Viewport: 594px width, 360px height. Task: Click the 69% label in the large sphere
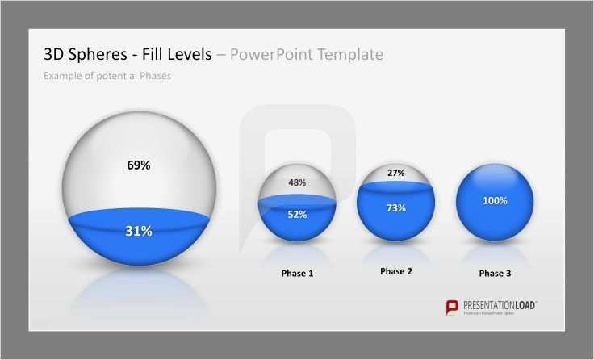pyautogui.click(x=139, y=165)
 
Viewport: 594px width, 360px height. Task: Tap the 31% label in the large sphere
pyautogui.click(x=139, y=231)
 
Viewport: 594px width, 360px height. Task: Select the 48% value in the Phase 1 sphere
pyautogui.click(x=297, y=182)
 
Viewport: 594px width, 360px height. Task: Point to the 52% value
pyautogui.click(x=297, y=214)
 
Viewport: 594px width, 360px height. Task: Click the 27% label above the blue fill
pyautogui.click(x=396, y=173)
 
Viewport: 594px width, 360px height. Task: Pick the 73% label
pyautogui.click(x=396, y=208)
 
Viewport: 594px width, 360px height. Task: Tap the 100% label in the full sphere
pyautogui.click(x=495, y=200)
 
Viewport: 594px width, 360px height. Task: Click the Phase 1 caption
pyautogui.click(x=297, y=274)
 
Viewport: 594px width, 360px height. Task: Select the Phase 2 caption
pyautogui.click(x=396, y=271)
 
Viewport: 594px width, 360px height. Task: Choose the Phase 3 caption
pyautogui.click(x=495, y=274)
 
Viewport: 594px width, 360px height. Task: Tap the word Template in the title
pyautogui.click(x=347, y=55)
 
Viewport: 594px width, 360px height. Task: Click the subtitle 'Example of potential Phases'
pyautogui.click(x=107, y=76)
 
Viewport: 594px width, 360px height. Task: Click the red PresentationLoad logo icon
pyautogui.click(x=453, y=307)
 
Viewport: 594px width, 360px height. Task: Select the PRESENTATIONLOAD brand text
pyautogui.click(x=500, y=305)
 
